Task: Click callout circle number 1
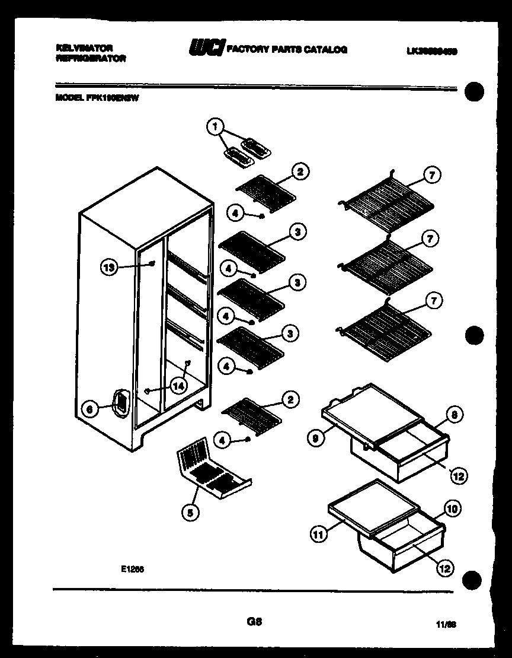click(x=216, y=126)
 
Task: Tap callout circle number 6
click(x=89, y=409)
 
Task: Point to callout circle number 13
click(x=108, y=268)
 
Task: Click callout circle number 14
click(x=178, y=386)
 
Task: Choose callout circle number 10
click(x=452, y=508)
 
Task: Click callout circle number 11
click(x=318, y=534)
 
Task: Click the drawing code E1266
click(x=133, y=568)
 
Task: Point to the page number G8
click(x=254, y=622)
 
